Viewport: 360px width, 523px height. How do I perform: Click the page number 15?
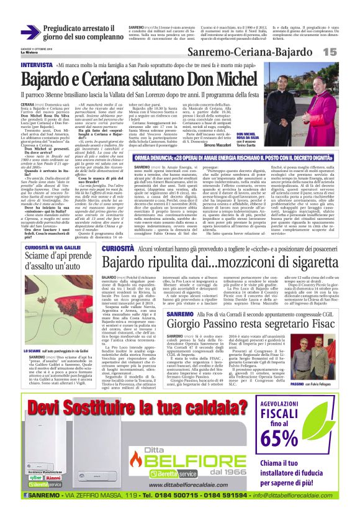pos(346,55)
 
